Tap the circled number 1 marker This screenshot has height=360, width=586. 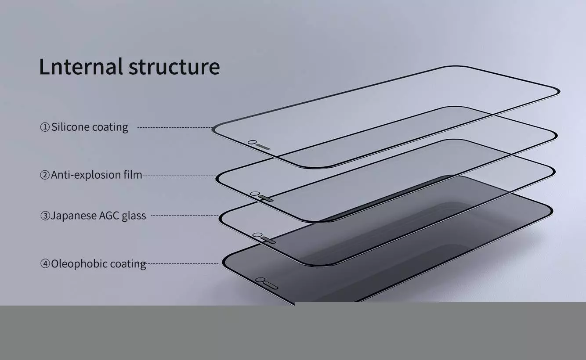point(45,127)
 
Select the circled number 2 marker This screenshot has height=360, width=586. point(45,175)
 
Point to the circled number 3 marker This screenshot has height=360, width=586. point(45,216)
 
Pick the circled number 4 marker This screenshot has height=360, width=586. point(45,264)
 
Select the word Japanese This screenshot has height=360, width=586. point(73,216)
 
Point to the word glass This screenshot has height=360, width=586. point(134,216)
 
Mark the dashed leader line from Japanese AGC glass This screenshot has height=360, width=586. point(184,216)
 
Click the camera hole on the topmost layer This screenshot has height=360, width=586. point(252,142)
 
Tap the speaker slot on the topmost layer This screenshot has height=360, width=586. point(263,147)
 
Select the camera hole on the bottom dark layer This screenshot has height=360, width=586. point(260,280)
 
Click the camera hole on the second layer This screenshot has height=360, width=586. point(253,194)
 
